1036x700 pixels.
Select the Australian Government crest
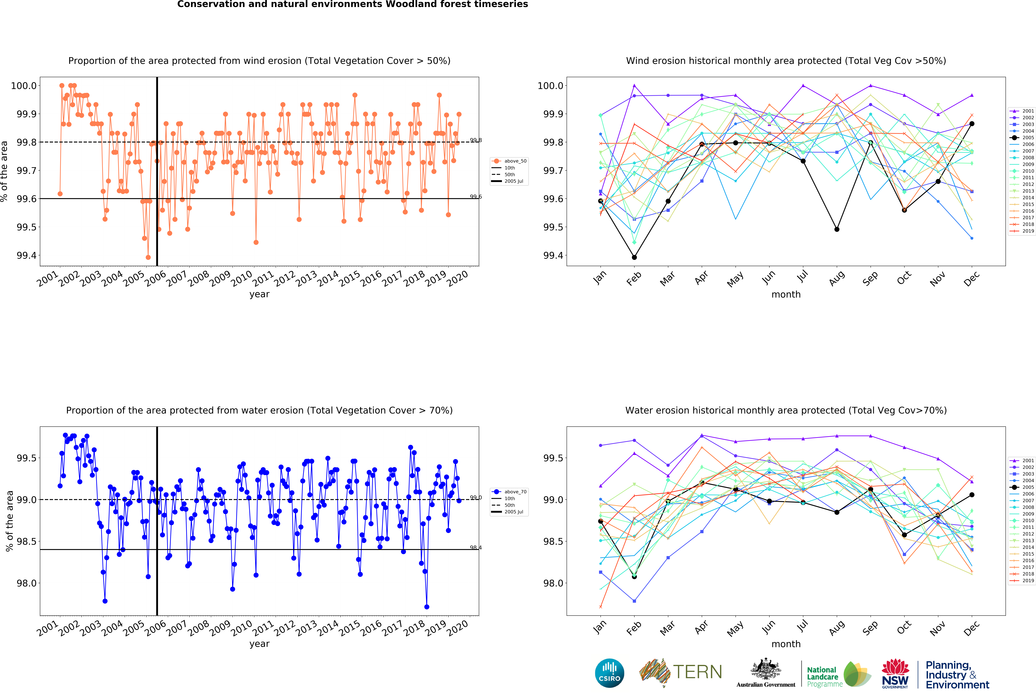coord(765,669)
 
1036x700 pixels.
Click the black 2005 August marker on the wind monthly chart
coord(837,229)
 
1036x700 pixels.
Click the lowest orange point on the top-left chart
coord(148,257)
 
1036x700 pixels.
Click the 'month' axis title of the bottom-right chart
coord(786,644)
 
